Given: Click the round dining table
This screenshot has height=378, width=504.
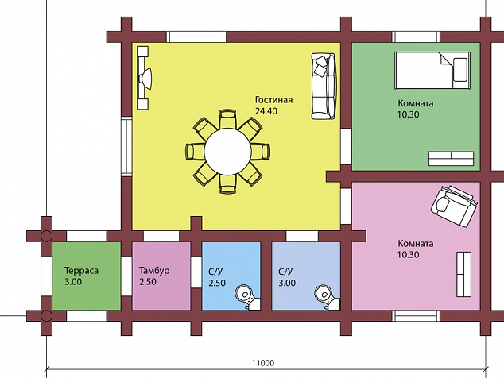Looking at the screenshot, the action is click(227, 152).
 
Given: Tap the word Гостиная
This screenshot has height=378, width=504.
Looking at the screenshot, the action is click(273, 100).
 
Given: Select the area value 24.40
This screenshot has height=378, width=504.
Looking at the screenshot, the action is click(266, 111).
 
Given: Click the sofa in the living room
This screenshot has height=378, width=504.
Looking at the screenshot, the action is click(324, 87).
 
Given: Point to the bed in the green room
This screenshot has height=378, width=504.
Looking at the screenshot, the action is click(432, 71).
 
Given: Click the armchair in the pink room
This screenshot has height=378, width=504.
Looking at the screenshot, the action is click(454, 206).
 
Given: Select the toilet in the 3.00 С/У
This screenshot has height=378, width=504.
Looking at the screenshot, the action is click(327, 297).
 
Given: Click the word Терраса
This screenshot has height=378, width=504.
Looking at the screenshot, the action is click(81, 271).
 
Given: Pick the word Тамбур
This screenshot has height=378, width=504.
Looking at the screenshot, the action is click(154, 271).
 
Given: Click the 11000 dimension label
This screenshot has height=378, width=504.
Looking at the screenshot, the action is click(263, 363).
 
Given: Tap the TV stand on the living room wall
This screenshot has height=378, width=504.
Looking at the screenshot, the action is click(143, 78).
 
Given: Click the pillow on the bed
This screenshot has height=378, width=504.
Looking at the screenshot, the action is click(460, 70).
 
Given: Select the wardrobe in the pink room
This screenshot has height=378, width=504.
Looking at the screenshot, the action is click(463, 274).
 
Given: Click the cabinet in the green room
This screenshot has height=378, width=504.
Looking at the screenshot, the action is click(451, 159).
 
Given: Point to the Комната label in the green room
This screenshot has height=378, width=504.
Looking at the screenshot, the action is click(416, 103).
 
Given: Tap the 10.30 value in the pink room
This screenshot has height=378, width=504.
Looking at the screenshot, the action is click(409, 255).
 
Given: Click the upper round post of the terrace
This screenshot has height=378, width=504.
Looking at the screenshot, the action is click(47, 236).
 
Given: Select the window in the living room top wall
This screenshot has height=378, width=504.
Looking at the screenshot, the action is click(196, 37).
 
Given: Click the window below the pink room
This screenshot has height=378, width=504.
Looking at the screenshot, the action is click(417, 316).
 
